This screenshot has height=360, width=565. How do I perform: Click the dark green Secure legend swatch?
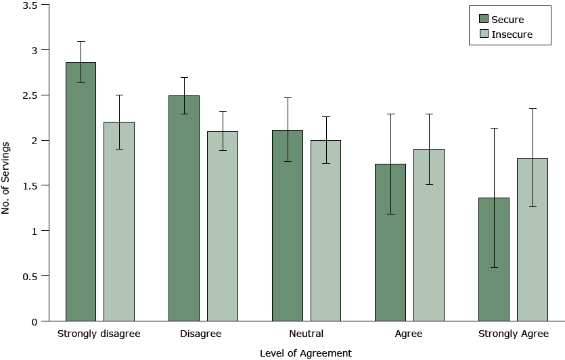(x=484, y=19)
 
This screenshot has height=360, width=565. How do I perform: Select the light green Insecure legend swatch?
(x=484, y=34)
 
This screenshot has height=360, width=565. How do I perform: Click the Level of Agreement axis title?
(x=306, y=353)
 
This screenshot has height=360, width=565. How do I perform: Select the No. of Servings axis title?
(x=7, y=177)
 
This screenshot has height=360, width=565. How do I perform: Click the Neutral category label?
(x=306, y=334)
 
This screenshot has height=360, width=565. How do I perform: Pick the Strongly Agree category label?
(x=513, y=334)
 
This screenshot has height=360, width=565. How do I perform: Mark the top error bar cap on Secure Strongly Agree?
(x=494, y=128)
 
